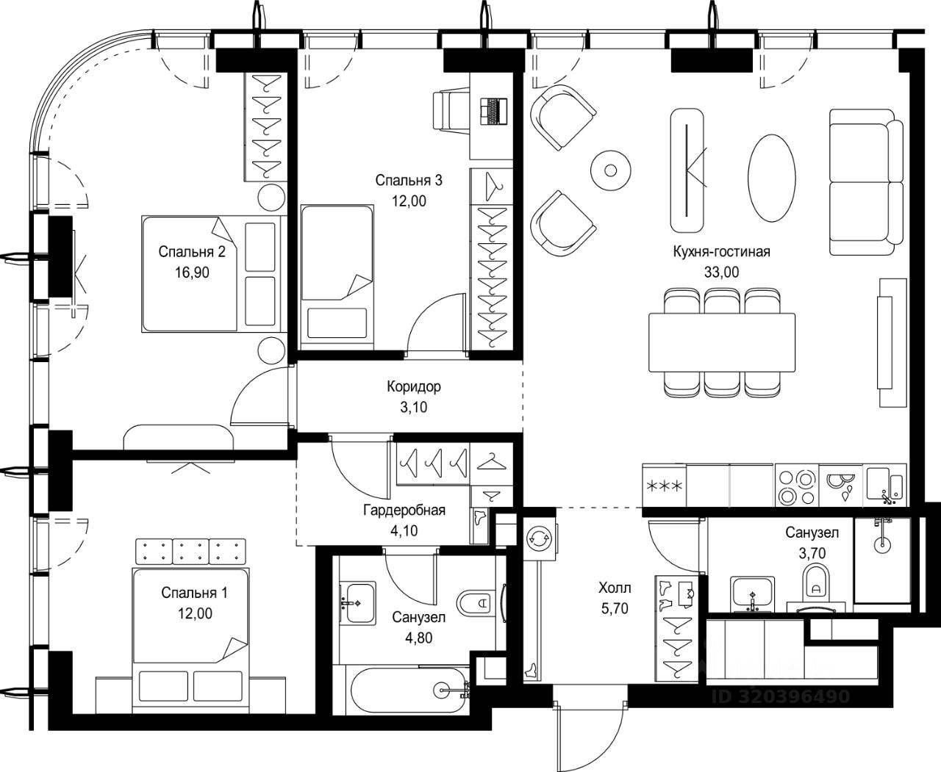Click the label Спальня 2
click(x=192, y=252)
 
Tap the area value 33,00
click(x=721, y=272)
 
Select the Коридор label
click(x=414, y=386)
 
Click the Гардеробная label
click(x=404, y=510)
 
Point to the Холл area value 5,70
click(x=615, y=608)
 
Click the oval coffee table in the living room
click(x=771, y=178)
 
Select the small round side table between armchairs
click(x=611, y=170)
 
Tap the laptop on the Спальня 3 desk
click(x=494, y=111)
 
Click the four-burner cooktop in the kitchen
click(x=797, y=486)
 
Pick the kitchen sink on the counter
click(x=884, y=486)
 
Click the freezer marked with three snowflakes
click(x=664, y=486)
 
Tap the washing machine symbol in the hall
click(x=539, y=539)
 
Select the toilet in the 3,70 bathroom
click(x=816, y=581)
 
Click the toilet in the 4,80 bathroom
click(x=475, y=603)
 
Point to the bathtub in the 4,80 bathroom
click(x=409, y=691)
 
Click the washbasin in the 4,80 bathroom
click(x=357, y=602)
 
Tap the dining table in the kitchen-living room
click(x=722, y=342)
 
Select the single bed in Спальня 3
click(x=337, y=277)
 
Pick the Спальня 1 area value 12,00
click(x=195, y=614)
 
